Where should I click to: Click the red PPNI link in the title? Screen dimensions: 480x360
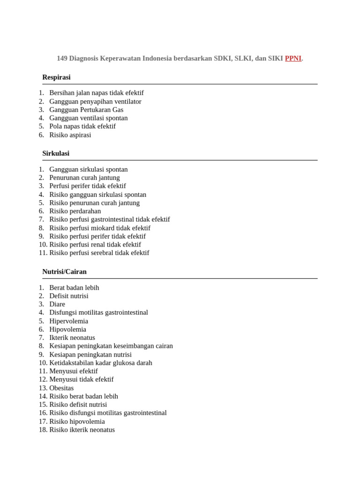(x=293, y=59)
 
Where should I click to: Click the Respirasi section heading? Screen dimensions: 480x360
(x=56, y=77)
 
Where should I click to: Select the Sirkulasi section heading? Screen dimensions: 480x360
(x=56, y=153)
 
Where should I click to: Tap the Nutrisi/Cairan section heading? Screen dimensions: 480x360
(x=64, y=271)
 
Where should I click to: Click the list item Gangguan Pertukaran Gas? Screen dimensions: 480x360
(x=86, y=110)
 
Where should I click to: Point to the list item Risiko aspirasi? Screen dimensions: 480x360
(x=70, y=135)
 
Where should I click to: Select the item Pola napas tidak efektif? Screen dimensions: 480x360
(x=82, y=127)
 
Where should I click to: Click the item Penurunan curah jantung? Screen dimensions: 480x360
(x=84, y=178)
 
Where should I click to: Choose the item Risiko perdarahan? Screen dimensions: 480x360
(x=75, y=211)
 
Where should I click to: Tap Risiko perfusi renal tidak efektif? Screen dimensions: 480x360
(x=95, y=245)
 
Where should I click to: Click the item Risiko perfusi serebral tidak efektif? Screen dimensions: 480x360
(x=99, y=253)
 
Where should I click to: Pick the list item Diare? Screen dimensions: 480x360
(x=57, y=304)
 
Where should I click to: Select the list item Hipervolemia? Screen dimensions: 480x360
(x=68, y=321)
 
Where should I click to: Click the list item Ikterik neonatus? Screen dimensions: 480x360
(x=72, y=337)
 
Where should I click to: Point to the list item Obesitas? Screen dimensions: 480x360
(x=61, y=388)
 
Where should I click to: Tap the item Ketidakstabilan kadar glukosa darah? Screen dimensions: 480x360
(x=101, y=363)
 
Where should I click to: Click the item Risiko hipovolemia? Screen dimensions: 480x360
(x=77, y=421)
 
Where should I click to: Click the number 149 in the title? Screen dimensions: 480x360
(x=62, y=59)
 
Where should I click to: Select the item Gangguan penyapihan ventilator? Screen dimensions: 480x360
(x=95, y=101)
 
